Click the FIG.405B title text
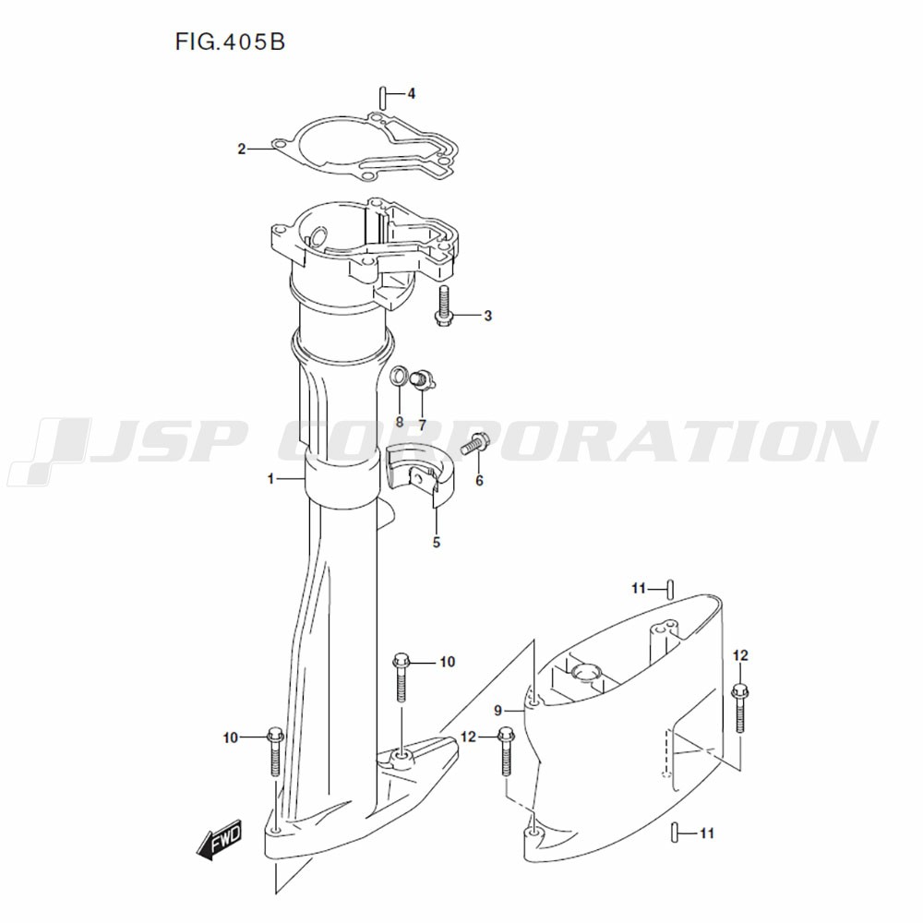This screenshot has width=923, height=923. point(230,42)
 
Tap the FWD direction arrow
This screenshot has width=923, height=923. point(219,839)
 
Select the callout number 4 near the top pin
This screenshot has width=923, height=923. point(412,93)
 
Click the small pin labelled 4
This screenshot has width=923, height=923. point(383,97)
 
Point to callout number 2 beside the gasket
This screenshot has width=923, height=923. point(241,150)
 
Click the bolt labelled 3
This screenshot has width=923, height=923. point(444,305)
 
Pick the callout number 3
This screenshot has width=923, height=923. point(487,316)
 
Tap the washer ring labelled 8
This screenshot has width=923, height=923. point(400,375)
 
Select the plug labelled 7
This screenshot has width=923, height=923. point(422,379)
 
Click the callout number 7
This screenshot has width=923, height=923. point(422,425)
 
